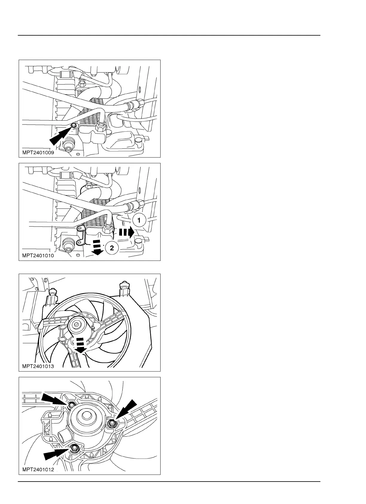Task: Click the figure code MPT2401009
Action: (x=38, y=152)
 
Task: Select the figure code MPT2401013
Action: (x=38, y=366)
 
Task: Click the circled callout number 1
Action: (x=139, y=221)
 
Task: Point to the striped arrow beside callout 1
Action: (x=126, y=232)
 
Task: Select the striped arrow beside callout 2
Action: (x=97, y=247)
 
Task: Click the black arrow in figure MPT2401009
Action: (x=60, y=135)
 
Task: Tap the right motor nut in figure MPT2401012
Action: (x=112, y=423)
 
